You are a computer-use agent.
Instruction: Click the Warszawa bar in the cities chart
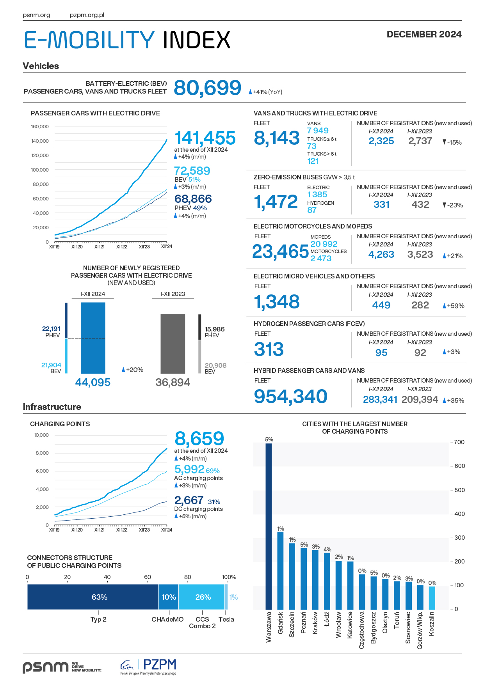click(x=269, y=526)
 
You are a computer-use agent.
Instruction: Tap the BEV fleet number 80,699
click(x=207, y=88)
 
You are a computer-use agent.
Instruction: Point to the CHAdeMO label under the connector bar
click(x=167, y=619)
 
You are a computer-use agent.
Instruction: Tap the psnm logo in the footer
click(x=46, y=667)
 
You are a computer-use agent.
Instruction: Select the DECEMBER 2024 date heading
click(x=424, y=34)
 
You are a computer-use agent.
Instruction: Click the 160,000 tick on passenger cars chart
click(x=40, y=127)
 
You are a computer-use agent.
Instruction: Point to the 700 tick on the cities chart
click(x=459, y=442)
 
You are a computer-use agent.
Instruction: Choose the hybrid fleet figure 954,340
click(x=290, y=396)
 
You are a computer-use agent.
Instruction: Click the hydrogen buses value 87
click(x=312, y=210)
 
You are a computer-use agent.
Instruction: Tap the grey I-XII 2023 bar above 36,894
click(x=173, y=344)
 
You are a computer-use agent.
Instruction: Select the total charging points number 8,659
click(x=199, y=439)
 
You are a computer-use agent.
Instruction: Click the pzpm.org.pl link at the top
click(x=87, y=15)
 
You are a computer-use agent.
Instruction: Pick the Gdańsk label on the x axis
click(x=280, y=623)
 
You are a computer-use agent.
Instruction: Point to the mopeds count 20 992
click(x=324, y=244)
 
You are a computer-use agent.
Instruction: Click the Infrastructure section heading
click(x=52, y=407)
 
